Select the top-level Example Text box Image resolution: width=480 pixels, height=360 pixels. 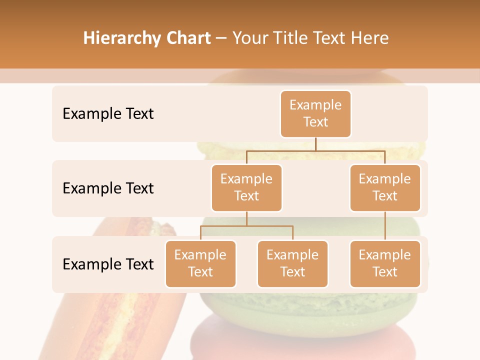[315, 113]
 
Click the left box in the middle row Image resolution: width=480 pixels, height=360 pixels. [246, 187]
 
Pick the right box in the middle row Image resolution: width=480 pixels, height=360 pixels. [385, 187]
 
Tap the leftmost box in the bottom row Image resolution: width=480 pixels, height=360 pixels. [200, 263]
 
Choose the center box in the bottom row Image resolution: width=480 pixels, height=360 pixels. [292, 263]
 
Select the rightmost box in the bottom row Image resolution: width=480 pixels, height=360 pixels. [385, 263]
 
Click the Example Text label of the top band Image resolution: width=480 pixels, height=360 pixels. [108, 113]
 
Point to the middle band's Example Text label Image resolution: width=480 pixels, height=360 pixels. [108, 188]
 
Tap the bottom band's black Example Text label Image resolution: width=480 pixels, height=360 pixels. [108, 264]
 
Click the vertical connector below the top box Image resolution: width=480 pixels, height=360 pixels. [315, 144]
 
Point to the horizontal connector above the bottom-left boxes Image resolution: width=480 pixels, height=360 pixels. [246, 226]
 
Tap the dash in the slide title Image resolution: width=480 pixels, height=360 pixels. [221, 38]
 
